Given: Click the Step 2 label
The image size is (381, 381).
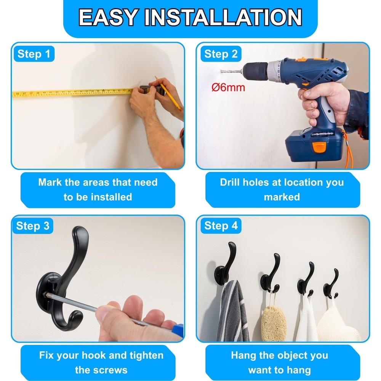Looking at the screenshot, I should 221,54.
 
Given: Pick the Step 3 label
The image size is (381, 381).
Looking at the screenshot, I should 33,226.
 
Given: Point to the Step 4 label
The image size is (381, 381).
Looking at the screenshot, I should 221,226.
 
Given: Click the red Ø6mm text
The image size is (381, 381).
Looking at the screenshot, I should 228,88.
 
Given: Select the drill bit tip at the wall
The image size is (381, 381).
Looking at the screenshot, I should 222,70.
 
